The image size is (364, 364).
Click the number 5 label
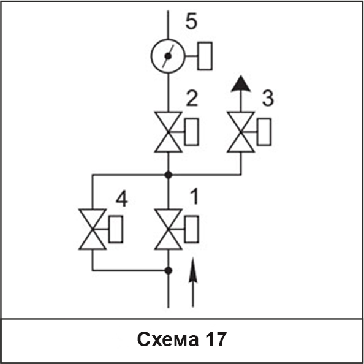pos(192,21)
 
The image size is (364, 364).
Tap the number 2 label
pos(192,99)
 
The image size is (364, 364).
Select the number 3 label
pos(268,99)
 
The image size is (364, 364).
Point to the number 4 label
pos(122,199)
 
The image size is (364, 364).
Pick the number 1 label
pos(195,196)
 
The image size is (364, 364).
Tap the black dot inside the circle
pos(168,56)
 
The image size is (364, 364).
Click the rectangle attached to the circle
pos(205,56)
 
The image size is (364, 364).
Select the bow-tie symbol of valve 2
pos(168,132)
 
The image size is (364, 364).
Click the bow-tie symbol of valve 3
pos(241,132)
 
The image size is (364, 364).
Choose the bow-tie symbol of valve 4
pos(93,229)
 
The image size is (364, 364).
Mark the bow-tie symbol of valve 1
pos(168,229)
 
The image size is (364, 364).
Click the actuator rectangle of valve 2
pos(192,132)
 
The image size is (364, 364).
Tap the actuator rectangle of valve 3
pos(264,132)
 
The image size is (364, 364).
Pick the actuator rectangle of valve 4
pos(116,229)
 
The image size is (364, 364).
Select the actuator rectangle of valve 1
pos(192,229)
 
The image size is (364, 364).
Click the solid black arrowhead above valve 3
pos(241,83)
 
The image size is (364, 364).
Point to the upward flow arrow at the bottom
pos(193,282)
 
